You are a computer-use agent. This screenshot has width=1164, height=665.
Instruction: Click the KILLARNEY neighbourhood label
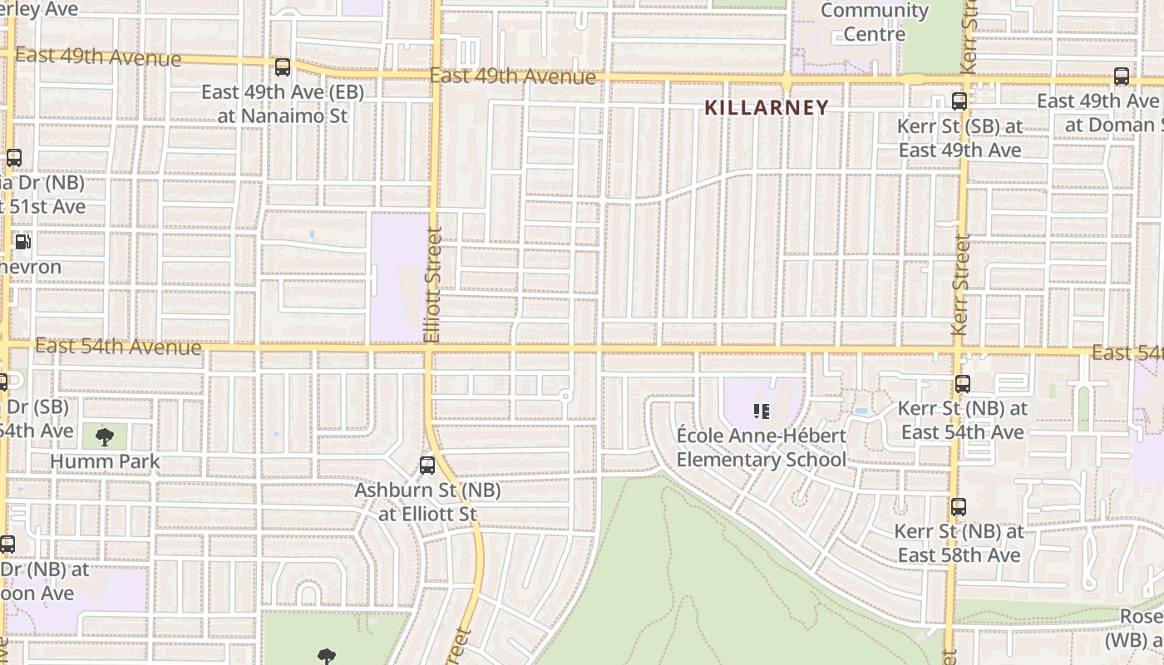[x=767, y=107]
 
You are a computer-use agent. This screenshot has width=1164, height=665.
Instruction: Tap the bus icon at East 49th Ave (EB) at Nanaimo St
[x=283, y=67]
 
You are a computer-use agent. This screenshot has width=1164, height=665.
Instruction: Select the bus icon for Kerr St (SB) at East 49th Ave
[x=959, y=102]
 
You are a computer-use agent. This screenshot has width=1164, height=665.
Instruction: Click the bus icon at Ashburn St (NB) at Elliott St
[x=427, y=465]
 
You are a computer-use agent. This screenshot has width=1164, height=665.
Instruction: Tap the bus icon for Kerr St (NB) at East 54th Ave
[x=963, y=384]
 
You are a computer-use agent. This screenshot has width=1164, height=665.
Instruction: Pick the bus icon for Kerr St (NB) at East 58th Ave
[x=959, y=506]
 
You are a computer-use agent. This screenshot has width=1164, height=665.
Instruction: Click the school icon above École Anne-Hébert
[x=761, y=411]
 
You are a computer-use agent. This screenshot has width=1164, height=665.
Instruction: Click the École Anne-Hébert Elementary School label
[x=761, y=448]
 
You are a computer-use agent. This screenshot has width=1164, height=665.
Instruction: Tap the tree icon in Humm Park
[x=105, y=436]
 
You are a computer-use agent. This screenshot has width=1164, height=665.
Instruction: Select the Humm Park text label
[x=105, y=461]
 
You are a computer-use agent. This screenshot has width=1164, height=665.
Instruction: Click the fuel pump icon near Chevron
[x=23, y=243]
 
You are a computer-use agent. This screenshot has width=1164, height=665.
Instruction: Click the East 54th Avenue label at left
[x=119, y=346]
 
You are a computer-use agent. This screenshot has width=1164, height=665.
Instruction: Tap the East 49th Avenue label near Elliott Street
[x=513, y=76]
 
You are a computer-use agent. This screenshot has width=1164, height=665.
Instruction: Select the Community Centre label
[x=874, y=22]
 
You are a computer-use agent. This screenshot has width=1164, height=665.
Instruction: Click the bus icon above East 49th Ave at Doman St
[x=1122, y=76]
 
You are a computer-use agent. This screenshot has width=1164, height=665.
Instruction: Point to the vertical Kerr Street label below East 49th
[x=962, y=284]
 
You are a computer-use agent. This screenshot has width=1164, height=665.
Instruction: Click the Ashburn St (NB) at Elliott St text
[x=427, y=502]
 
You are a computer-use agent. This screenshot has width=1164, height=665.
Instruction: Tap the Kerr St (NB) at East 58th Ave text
[x=959, y=543]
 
